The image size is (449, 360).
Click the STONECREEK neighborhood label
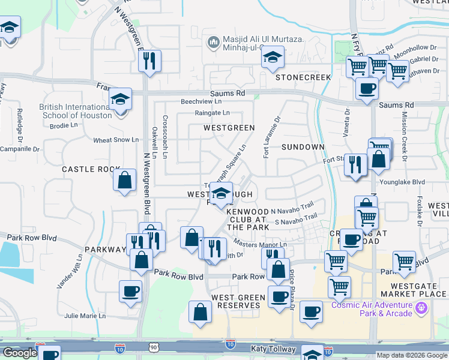pyautogui.click(x=303, y=78)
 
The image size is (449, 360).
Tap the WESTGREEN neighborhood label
pyautogui.click(x=229, y=128)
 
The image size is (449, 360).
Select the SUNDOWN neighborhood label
pyautogui.click(x=303, y=147)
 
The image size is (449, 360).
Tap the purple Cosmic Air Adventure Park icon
pyautogui.click(x=422, y=308)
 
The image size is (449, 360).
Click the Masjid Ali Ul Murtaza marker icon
pyautogui.click(x=212, y=42)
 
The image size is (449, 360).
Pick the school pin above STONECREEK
pyautogui.click(x=274, y=57)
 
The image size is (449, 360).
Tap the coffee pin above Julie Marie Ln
pyautogui.click(x=130, y=292)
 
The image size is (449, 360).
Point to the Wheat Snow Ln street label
pyautogui.click(x=116, y=140)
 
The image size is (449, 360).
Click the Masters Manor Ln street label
pyautogui.click(x=260, y=245)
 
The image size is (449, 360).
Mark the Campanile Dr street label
pyautogui.click(x=20, y=149)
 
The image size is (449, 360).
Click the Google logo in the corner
pyautogui.click(x=20, y=353)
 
